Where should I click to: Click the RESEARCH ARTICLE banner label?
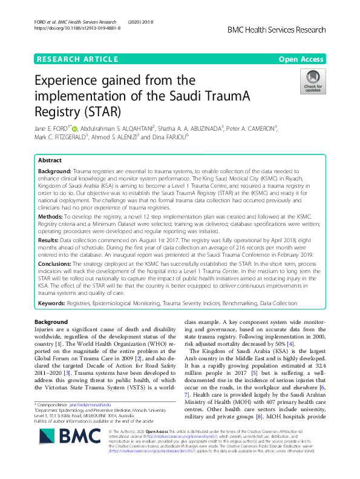(77, 59)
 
